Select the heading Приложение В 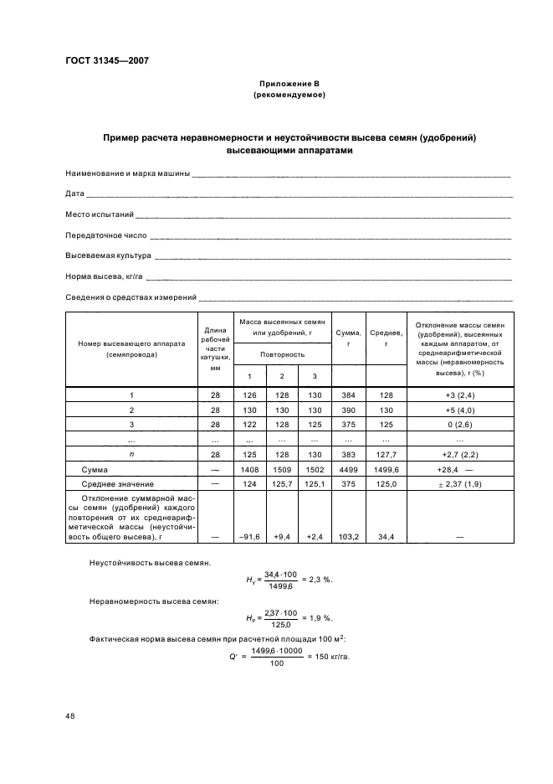point(289,85)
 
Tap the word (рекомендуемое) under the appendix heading point(289,95)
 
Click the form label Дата point(74,193)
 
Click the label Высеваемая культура point(108,255)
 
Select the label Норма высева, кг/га point(105,276)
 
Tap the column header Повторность point(282,354)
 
